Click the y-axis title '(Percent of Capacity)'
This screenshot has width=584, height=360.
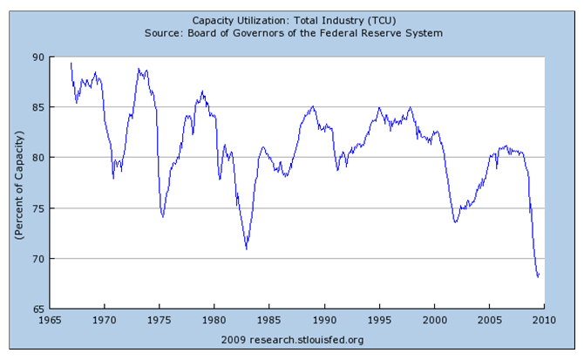(17, 183)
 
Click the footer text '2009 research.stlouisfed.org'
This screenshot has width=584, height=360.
(293, 338)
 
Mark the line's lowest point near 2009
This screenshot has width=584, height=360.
(537, 277)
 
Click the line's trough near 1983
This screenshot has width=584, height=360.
(247, 249)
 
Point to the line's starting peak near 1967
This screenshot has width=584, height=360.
(71, 62)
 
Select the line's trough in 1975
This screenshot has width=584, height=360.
(163, 216)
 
